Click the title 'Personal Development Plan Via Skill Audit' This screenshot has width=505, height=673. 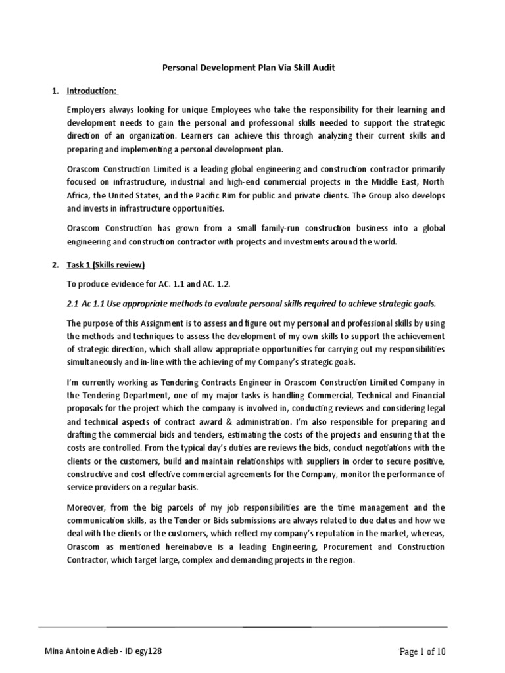click(252, 68)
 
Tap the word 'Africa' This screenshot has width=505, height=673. click(79, 196)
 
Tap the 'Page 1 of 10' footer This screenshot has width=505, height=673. click(423, 651)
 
